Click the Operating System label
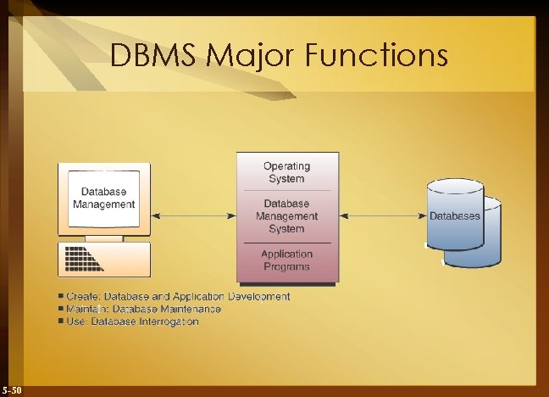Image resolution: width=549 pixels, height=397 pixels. click(x=286, y=172)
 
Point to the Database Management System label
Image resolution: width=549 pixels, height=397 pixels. click(x=286, y=216)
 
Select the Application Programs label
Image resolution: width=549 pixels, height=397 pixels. click(x=286, y=260)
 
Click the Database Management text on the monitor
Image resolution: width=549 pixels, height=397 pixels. click(x=104, y=198)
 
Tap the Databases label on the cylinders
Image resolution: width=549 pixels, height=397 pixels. click(x=455, y=216)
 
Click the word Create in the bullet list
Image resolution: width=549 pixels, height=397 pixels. click(x=82, y=296)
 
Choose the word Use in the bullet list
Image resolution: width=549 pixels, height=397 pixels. click(x=76, y=322)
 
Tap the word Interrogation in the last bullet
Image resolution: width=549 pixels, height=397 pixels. click(x=169, y=322)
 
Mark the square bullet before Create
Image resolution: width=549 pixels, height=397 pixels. click(x=61, y=296)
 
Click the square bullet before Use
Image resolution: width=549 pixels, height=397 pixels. click(x=61, y=322)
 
